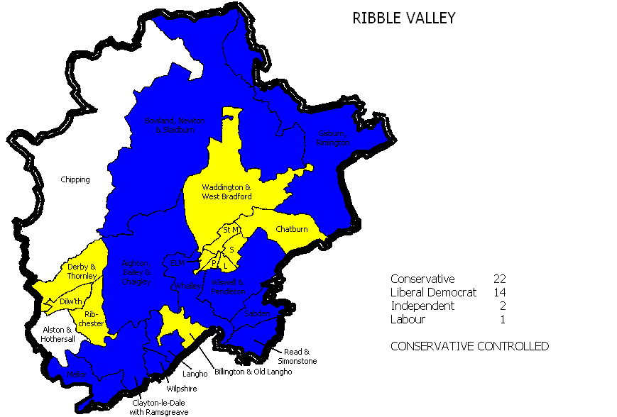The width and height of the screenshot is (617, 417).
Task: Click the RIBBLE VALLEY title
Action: pos(403,18)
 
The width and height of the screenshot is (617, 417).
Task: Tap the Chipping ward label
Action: pos(75,179)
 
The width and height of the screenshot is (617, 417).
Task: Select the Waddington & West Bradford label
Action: pos(226,191)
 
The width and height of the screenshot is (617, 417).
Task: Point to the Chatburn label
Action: pos(292,229)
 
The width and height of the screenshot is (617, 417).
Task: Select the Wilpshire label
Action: pos(182,389)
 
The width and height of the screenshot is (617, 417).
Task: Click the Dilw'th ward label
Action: pos(71,301)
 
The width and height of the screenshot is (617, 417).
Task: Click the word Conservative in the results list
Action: pos(422,279)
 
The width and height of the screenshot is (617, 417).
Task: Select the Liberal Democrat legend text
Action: pos(433,292)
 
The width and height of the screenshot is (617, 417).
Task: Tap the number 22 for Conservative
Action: pos(499,279)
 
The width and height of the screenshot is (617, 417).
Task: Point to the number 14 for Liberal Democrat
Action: pos(499,292)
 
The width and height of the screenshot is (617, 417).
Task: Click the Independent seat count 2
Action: pos(502,306)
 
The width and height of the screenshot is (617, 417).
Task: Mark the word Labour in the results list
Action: pos(408,319)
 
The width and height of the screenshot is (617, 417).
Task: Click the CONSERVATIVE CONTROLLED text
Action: pos(469,347)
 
